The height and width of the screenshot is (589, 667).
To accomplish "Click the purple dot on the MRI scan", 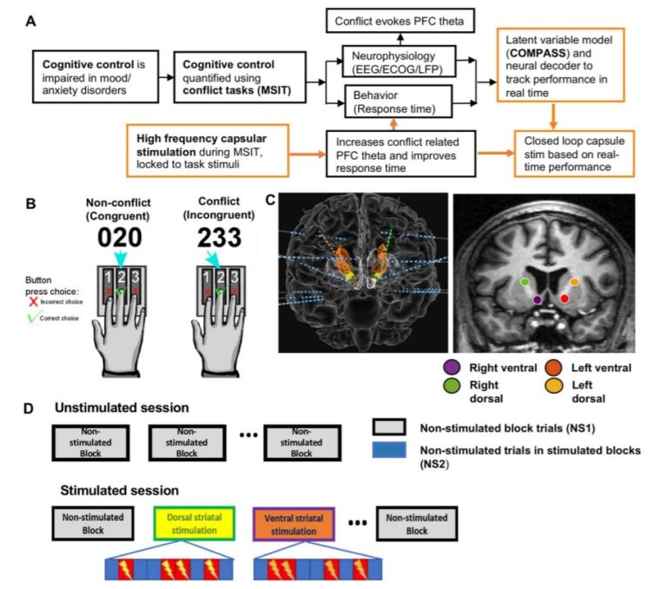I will (538, 299).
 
